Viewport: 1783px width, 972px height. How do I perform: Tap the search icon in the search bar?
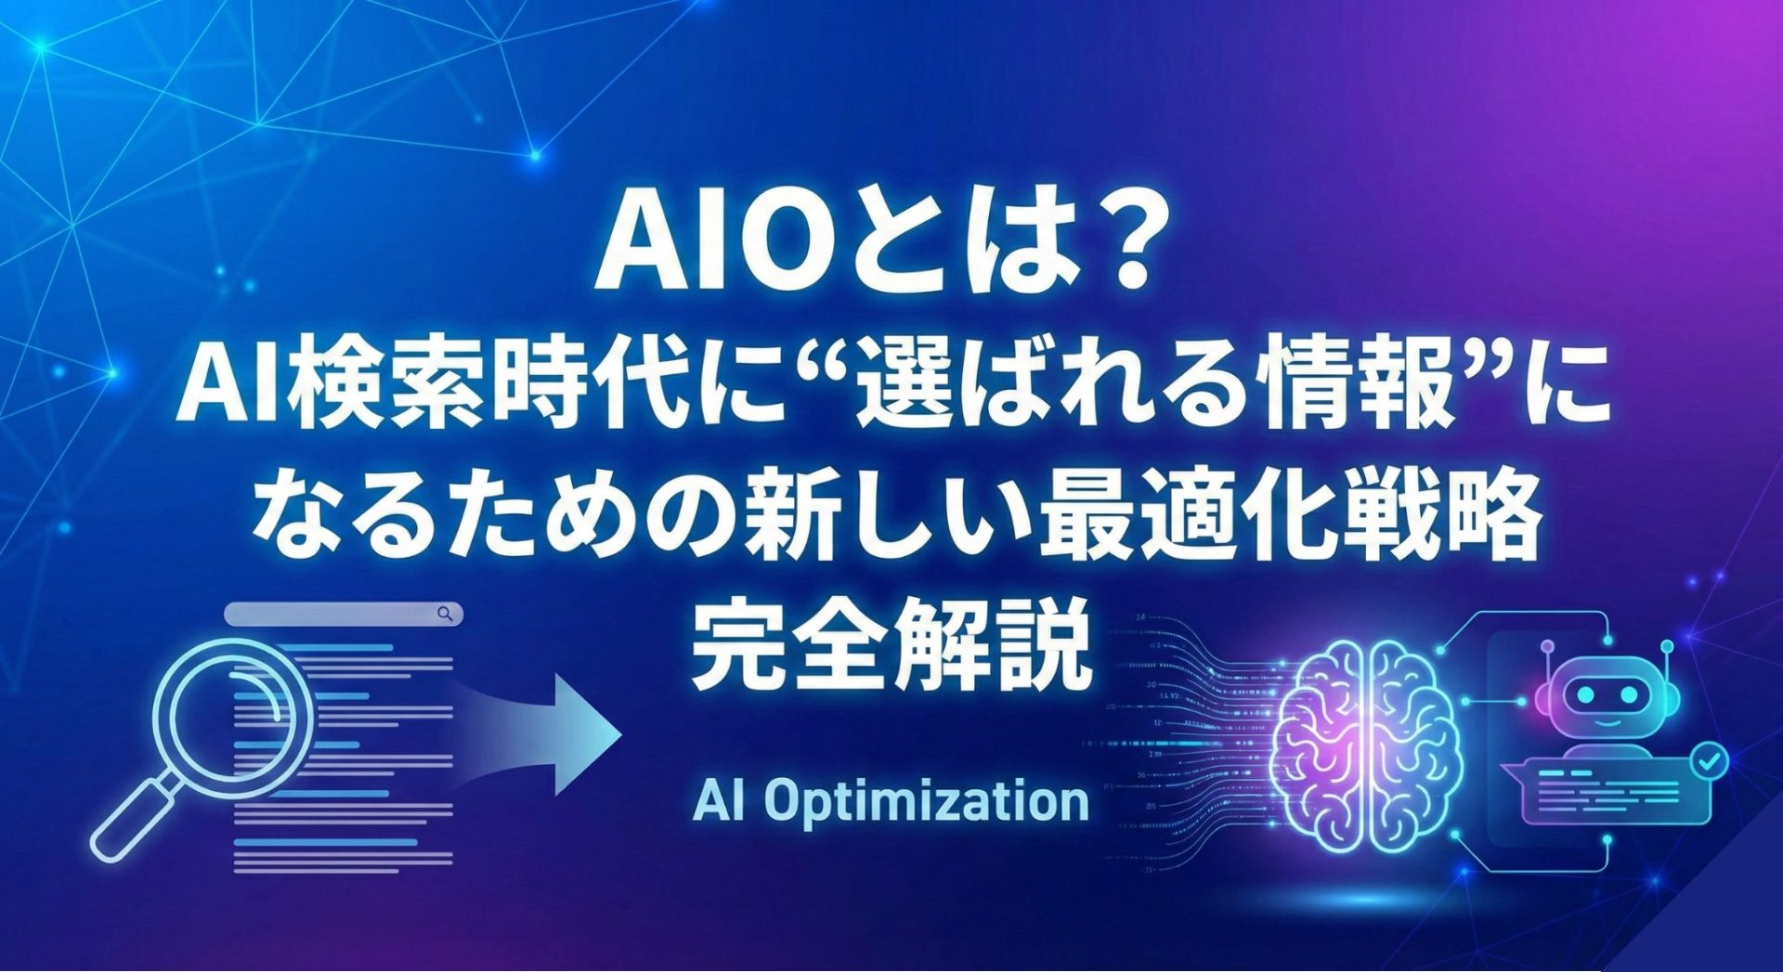446,614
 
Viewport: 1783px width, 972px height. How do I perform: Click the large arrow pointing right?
539,733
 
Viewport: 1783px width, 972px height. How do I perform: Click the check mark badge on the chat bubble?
1708,762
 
